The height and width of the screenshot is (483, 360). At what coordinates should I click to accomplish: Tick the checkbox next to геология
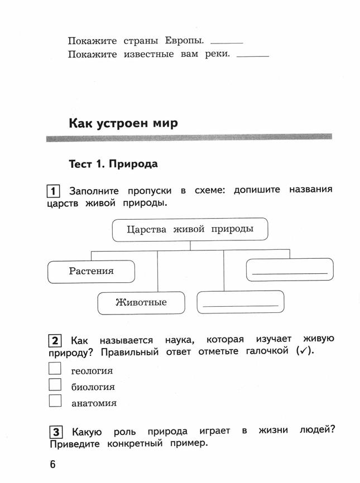click(55, 369)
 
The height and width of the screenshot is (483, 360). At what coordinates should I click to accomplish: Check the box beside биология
click(55, 384)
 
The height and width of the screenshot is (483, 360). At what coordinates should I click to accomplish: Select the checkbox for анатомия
click(55, 401)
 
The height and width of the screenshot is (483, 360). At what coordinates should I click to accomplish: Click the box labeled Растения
click(91, 272)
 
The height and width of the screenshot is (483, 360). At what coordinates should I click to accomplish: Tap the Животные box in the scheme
click(141, 303)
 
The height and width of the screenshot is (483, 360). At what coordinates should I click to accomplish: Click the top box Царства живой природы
click(190, 229)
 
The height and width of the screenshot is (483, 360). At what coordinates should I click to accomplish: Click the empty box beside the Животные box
click(241, 302)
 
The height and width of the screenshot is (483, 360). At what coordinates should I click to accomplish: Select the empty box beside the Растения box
click(290, 270)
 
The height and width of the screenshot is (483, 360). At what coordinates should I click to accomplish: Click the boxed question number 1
click(54, 191)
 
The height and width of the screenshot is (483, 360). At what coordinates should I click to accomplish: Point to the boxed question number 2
click(55, 341)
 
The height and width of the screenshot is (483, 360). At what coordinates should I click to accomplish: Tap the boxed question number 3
click(56, 432)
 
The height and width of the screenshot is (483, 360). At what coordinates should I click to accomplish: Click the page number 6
click(52, 464)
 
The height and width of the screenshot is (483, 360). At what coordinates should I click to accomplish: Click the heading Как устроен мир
click(123, 123)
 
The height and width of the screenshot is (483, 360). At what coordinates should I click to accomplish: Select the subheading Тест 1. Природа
click(113, 164)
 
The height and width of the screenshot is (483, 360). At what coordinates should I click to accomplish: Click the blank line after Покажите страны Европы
click(227, 43)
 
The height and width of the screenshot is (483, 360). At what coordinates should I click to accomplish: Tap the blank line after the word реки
click(253, 56)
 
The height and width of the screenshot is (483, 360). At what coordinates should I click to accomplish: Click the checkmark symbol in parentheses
click(304, 350)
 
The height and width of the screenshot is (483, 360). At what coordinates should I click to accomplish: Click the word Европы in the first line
click(184, 41)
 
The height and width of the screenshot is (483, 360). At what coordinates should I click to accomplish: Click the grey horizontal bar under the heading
click(189, 138)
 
